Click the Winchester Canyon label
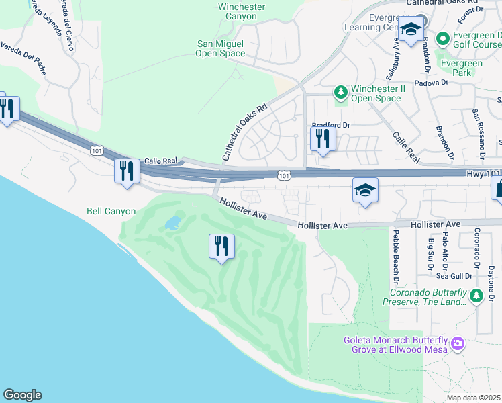tap(242, 11)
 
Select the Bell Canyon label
tap(111, 211)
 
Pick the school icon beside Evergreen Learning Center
tap(410, 29)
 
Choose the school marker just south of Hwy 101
tap(366, 191)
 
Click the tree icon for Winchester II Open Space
tap(340, 91)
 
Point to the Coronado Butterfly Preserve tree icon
tap(476, 295)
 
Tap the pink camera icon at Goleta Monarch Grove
tap(458, 344)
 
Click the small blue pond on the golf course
tap(172, 223)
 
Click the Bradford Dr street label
tap(332, 125)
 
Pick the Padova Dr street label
tap(431, 83)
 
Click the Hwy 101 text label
tap(483, 173)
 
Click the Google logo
tap(22, 395)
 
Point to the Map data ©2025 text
tap(473, 398)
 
